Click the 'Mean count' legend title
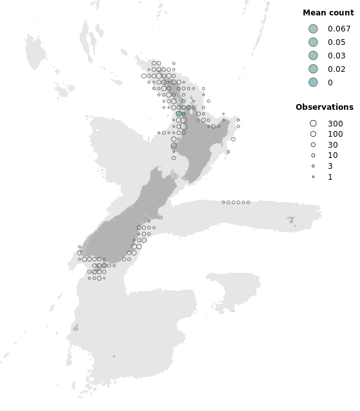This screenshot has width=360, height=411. click(328, 13)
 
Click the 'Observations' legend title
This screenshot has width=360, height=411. click(324, 107)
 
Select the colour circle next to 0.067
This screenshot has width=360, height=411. click(313, 29)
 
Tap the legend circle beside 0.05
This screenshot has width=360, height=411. click(313, 42)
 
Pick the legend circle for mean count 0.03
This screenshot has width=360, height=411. click(313, 56)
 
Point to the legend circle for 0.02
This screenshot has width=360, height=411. click(313, 69)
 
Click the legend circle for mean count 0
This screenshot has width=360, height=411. click(313, 82)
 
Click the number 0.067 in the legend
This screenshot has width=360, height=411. click(339, 29)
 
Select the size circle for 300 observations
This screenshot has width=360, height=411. click(313, 123)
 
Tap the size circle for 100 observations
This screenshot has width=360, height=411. click(313, 134)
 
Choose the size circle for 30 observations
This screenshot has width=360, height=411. click(313, 145)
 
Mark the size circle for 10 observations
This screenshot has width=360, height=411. click(313, 155)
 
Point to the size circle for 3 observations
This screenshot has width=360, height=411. click(313, 166)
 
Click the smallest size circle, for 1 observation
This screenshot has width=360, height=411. click(313, 177)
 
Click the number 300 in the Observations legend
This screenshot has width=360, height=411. click(335, 123)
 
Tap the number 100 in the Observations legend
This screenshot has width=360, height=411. click(335, 134)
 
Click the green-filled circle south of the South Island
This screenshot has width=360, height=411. click(104, 265)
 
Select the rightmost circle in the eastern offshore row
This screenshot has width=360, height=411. click(248, 202)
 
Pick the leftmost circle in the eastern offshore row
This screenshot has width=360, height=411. click(223, 202)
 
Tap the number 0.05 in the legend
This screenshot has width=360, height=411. click(336, 42)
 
